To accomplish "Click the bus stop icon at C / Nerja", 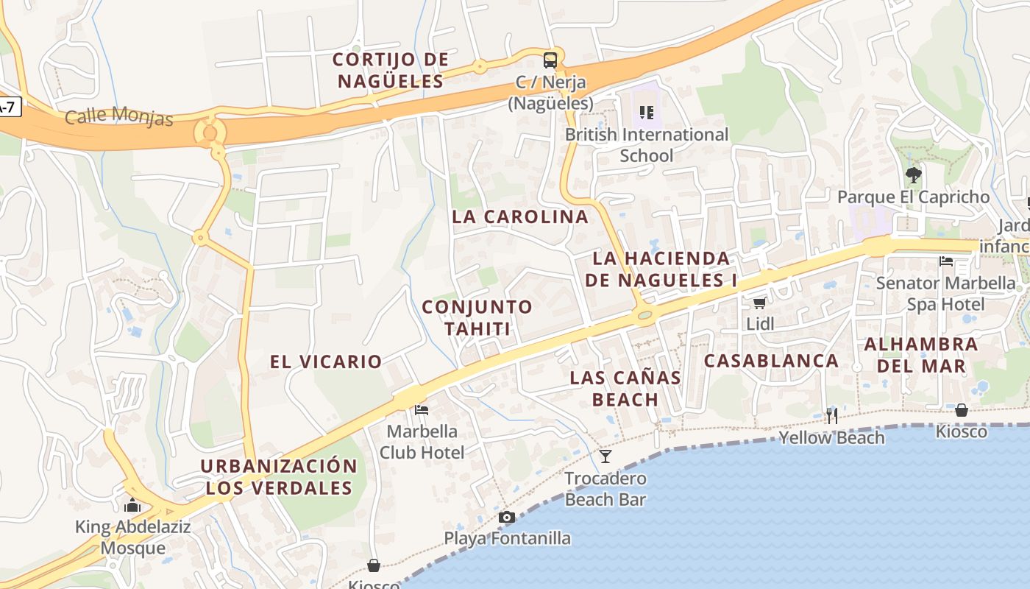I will [550, 60].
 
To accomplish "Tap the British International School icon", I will [647, 113].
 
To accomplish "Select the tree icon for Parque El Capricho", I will [913, 175].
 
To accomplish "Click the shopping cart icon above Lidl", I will [759, 303].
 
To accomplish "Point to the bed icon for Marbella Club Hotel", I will [422, 409].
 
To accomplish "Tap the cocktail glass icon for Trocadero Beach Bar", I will [605, 456].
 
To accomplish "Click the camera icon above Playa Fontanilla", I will [506, 517].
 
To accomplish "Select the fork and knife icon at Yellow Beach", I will [831, 416].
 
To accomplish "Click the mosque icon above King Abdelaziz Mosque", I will [132, 505].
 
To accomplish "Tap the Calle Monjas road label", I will [118, 116].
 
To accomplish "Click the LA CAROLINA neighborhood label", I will [520, 216].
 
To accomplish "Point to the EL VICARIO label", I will [325, 361].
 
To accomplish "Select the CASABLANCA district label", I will [771, 361].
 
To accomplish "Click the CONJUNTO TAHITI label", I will [477, 317].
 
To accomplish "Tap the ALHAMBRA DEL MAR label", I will [920, 355].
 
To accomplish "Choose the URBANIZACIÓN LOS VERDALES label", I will [278, 477].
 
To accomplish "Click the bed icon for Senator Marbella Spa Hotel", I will [946, 261].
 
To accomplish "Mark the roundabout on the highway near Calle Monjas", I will [210, 133].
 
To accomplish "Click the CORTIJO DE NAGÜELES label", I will [390, 70].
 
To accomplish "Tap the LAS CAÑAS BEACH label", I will [625, 389].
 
